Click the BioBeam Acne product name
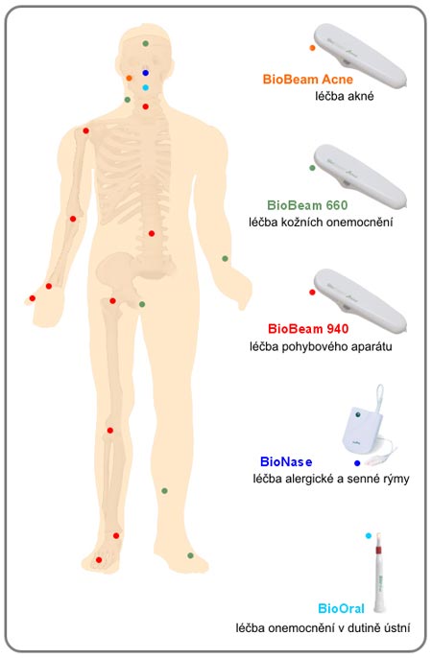(308, 80)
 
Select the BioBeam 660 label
(307, 205)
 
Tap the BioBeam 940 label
(308, 328)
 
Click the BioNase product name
(286, 462)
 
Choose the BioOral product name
(342, 608)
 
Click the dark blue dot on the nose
(146, 73)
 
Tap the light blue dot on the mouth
(146, 87)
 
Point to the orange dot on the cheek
(130, 78)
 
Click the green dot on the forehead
(146, 43)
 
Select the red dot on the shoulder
(86, 130)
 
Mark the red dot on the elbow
(73, 219)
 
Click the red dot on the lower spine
(152, 233)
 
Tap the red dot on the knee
(110, 431)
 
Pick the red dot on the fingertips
(33, 298)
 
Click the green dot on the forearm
(225, 259)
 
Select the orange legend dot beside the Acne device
(312, 48)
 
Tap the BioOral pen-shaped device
(378, 571)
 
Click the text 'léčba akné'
(345, 96)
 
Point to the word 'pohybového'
(312, 347)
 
